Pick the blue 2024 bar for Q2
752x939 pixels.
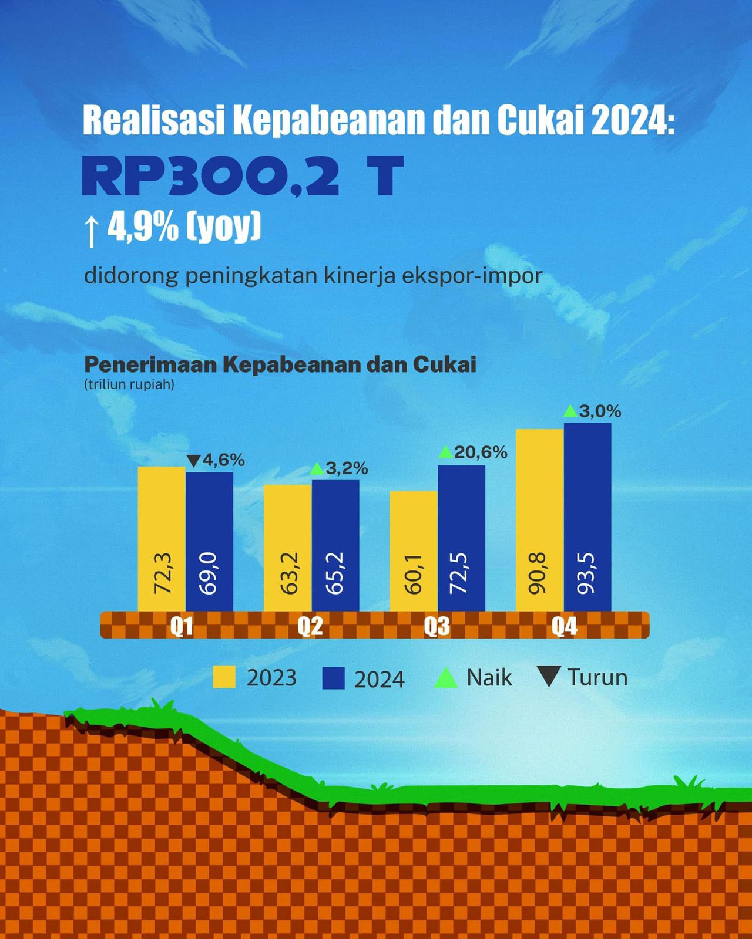(335, 545)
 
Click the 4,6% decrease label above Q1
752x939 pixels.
(223, 460)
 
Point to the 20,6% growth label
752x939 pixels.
(481, 452)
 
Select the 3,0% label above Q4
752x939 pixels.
(600, 411)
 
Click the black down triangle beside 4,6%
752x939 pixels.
(194, 461)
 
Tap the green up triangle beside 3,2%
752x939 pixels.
(317, 469)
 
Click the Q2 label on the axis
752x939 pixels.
(310, 627)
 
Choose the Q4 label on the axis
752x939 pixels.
(564, 627)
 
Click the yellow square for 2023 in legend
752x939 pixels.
(224, 677)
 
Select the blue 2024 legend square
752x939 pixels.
(333, 678)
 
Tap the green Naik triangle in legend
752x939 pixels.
(445, 678)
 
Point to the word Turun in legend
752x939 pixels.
(597, 677)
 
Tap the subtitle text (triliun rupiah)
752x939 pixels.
(129, 385)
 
